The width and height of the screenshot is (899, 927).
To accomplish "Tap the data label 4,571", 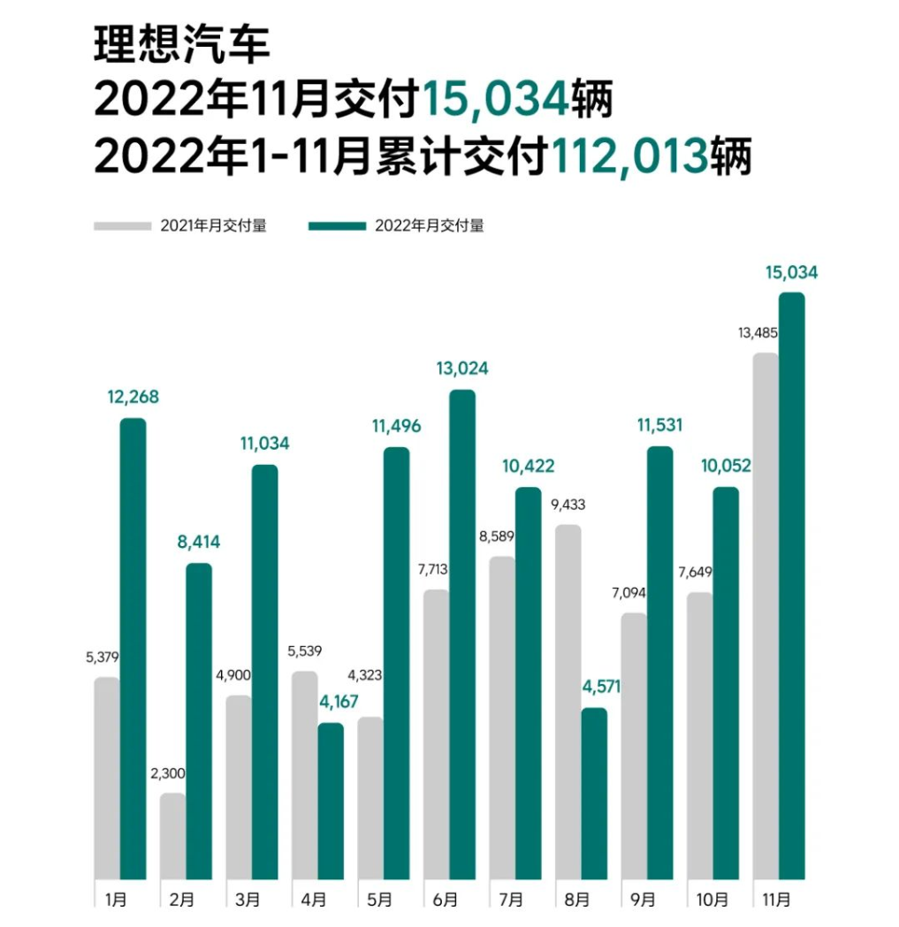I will [593, 687].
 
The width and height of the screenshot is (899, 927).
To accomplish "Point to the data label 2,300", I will [168, 773].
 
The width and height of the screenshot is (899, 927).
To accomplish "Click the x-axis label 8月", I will [577, 900].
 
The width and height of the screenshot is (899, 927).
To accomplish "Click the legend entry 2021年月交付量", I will [213, 225].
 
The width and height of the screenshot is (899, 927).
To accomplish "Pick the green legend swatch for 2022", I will [337, 225].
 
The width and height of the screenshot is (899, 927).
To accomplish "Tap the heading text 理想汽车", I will [181, 45].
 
